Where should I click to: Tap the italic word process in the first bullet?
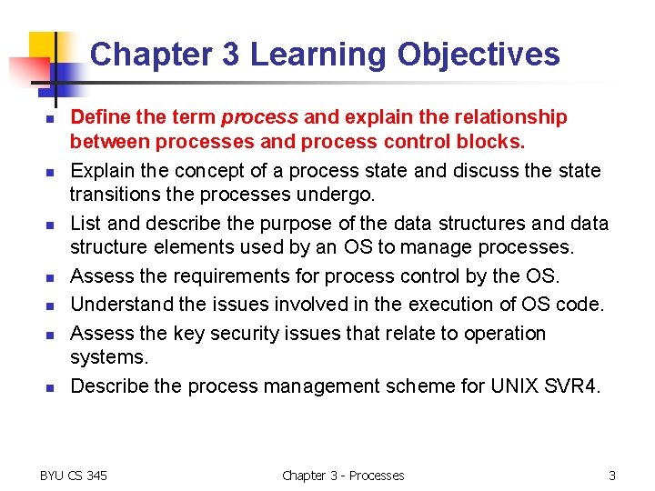[x=259, y=117]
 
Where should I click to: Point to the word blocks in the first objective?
[x=496, y=141]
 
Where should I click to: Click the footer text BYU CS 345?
[x=74, y=475]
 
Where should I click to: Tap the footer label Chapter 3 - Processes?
[x=343, y=475]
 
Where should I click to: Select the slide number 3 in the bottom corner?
[x=612, y=475]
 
